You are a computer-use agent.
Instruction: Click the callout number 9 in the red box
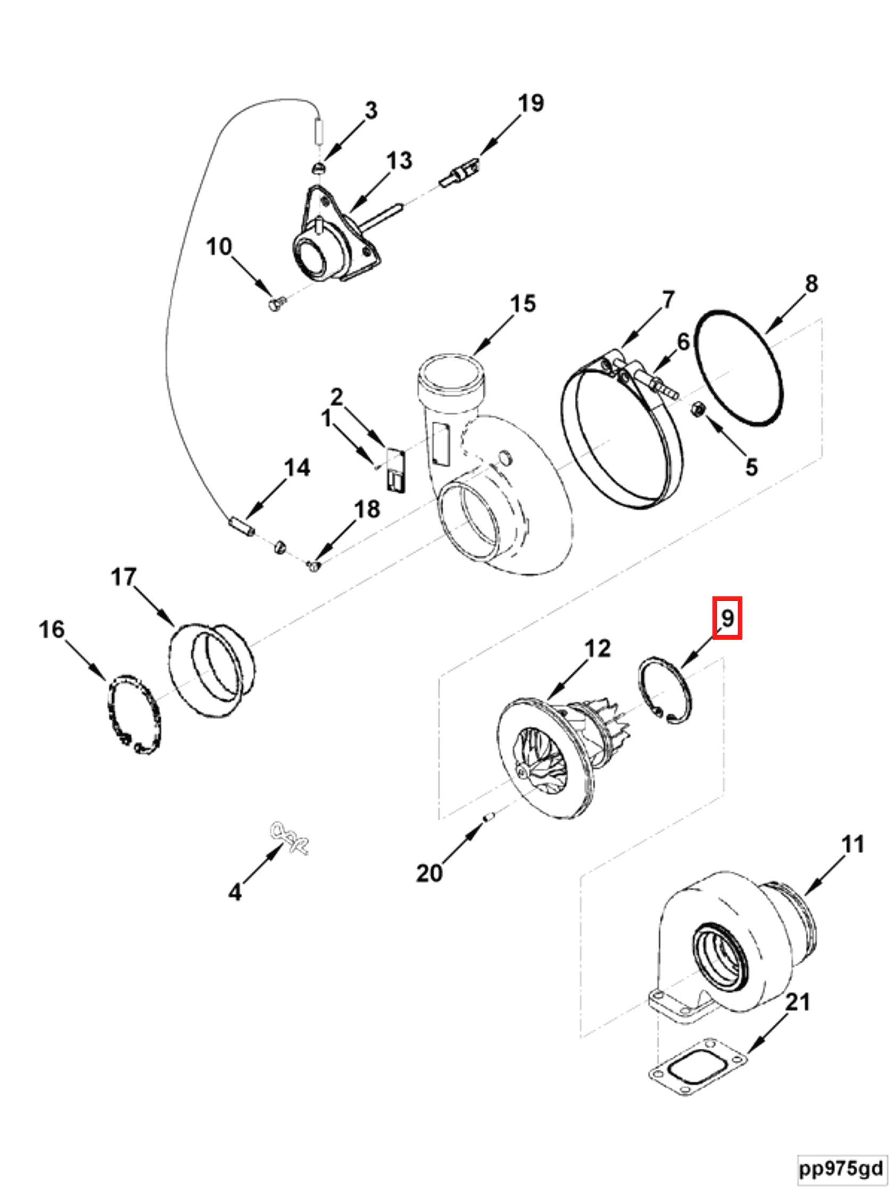click(726, 618)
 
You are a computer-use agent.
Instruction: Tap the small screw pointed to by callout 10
click(274, 305)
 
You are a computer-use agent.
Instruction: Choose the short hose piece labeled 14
click(241, 525)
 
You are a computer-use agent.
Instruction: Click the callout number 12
click(597, 648)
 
